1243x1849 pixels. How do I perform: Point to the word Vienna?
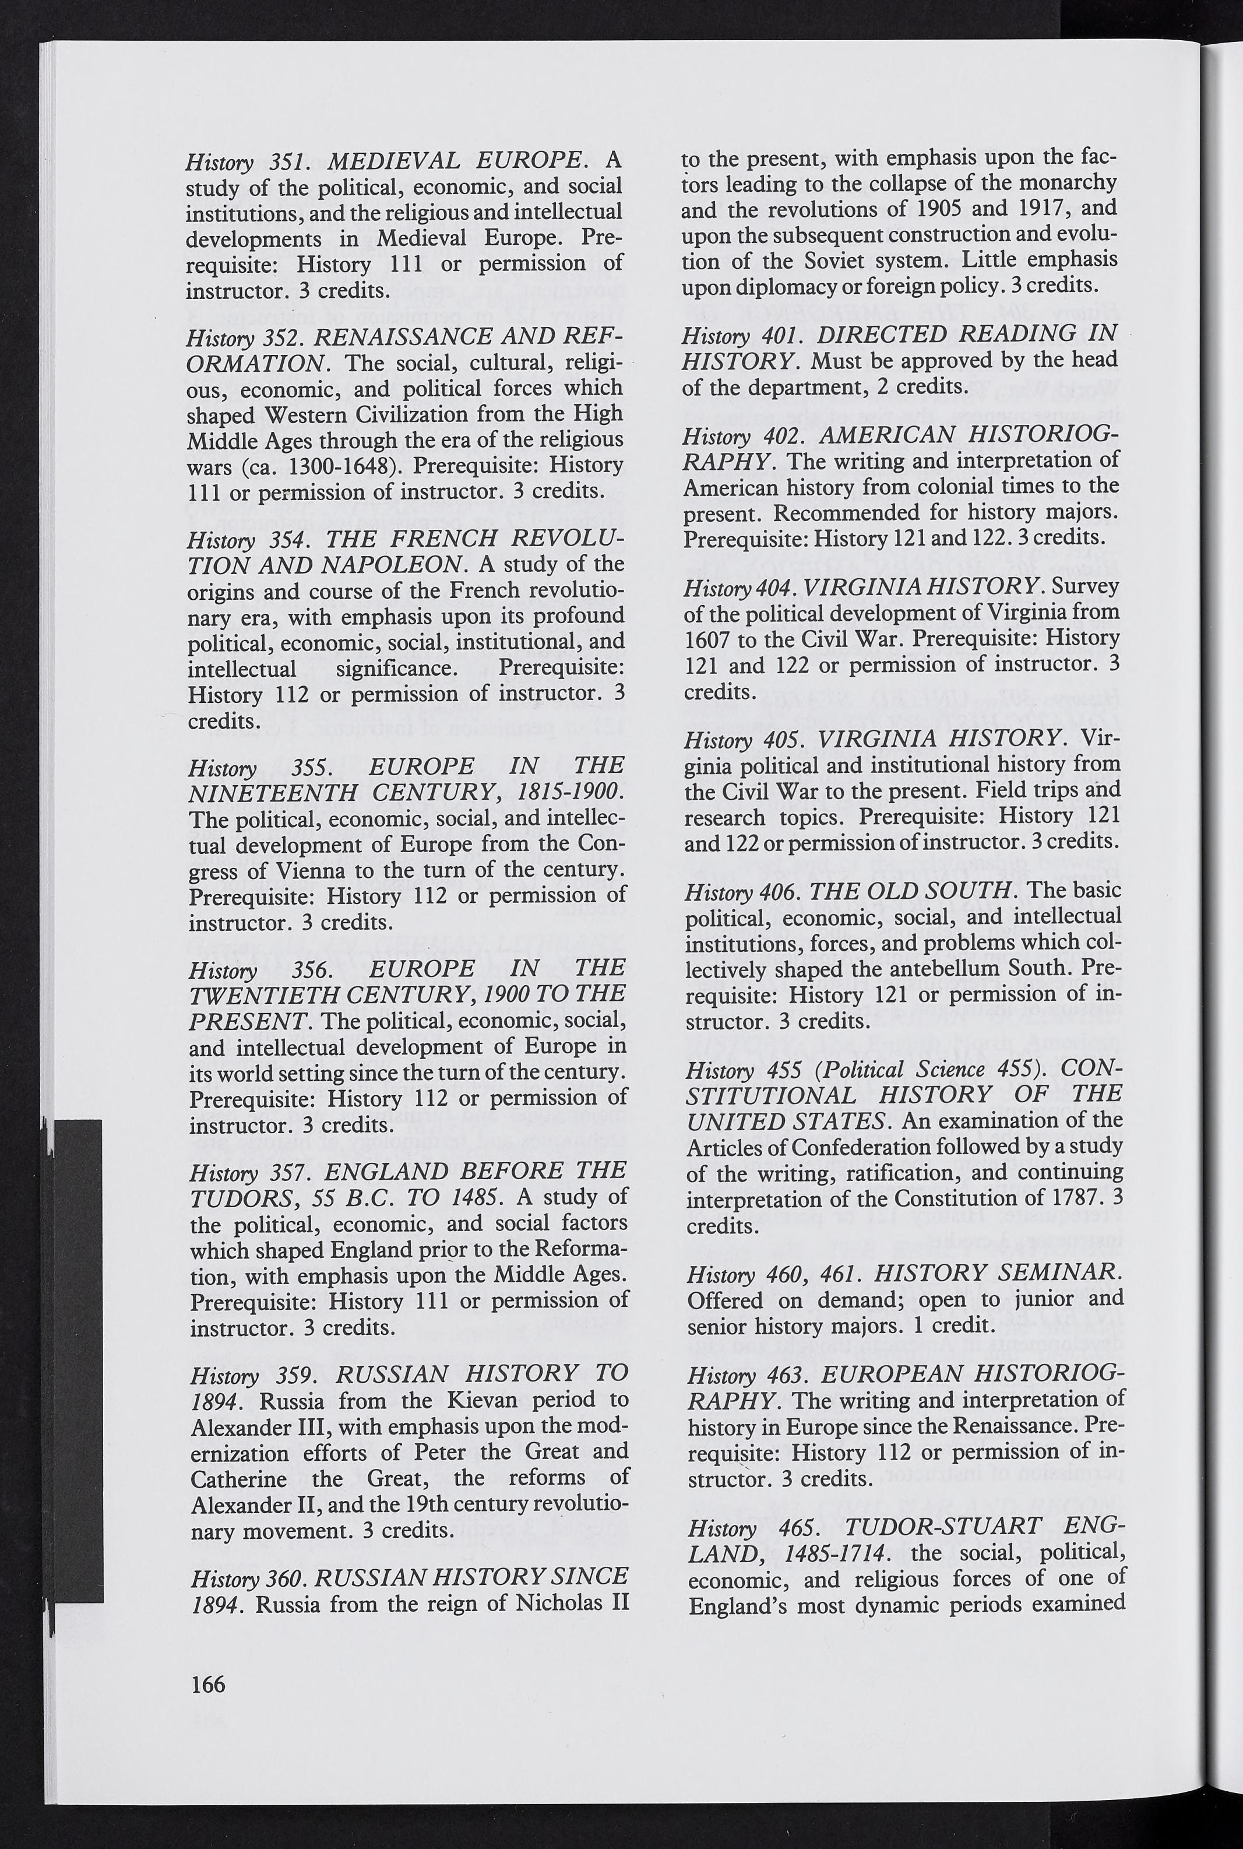point(312,871)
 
